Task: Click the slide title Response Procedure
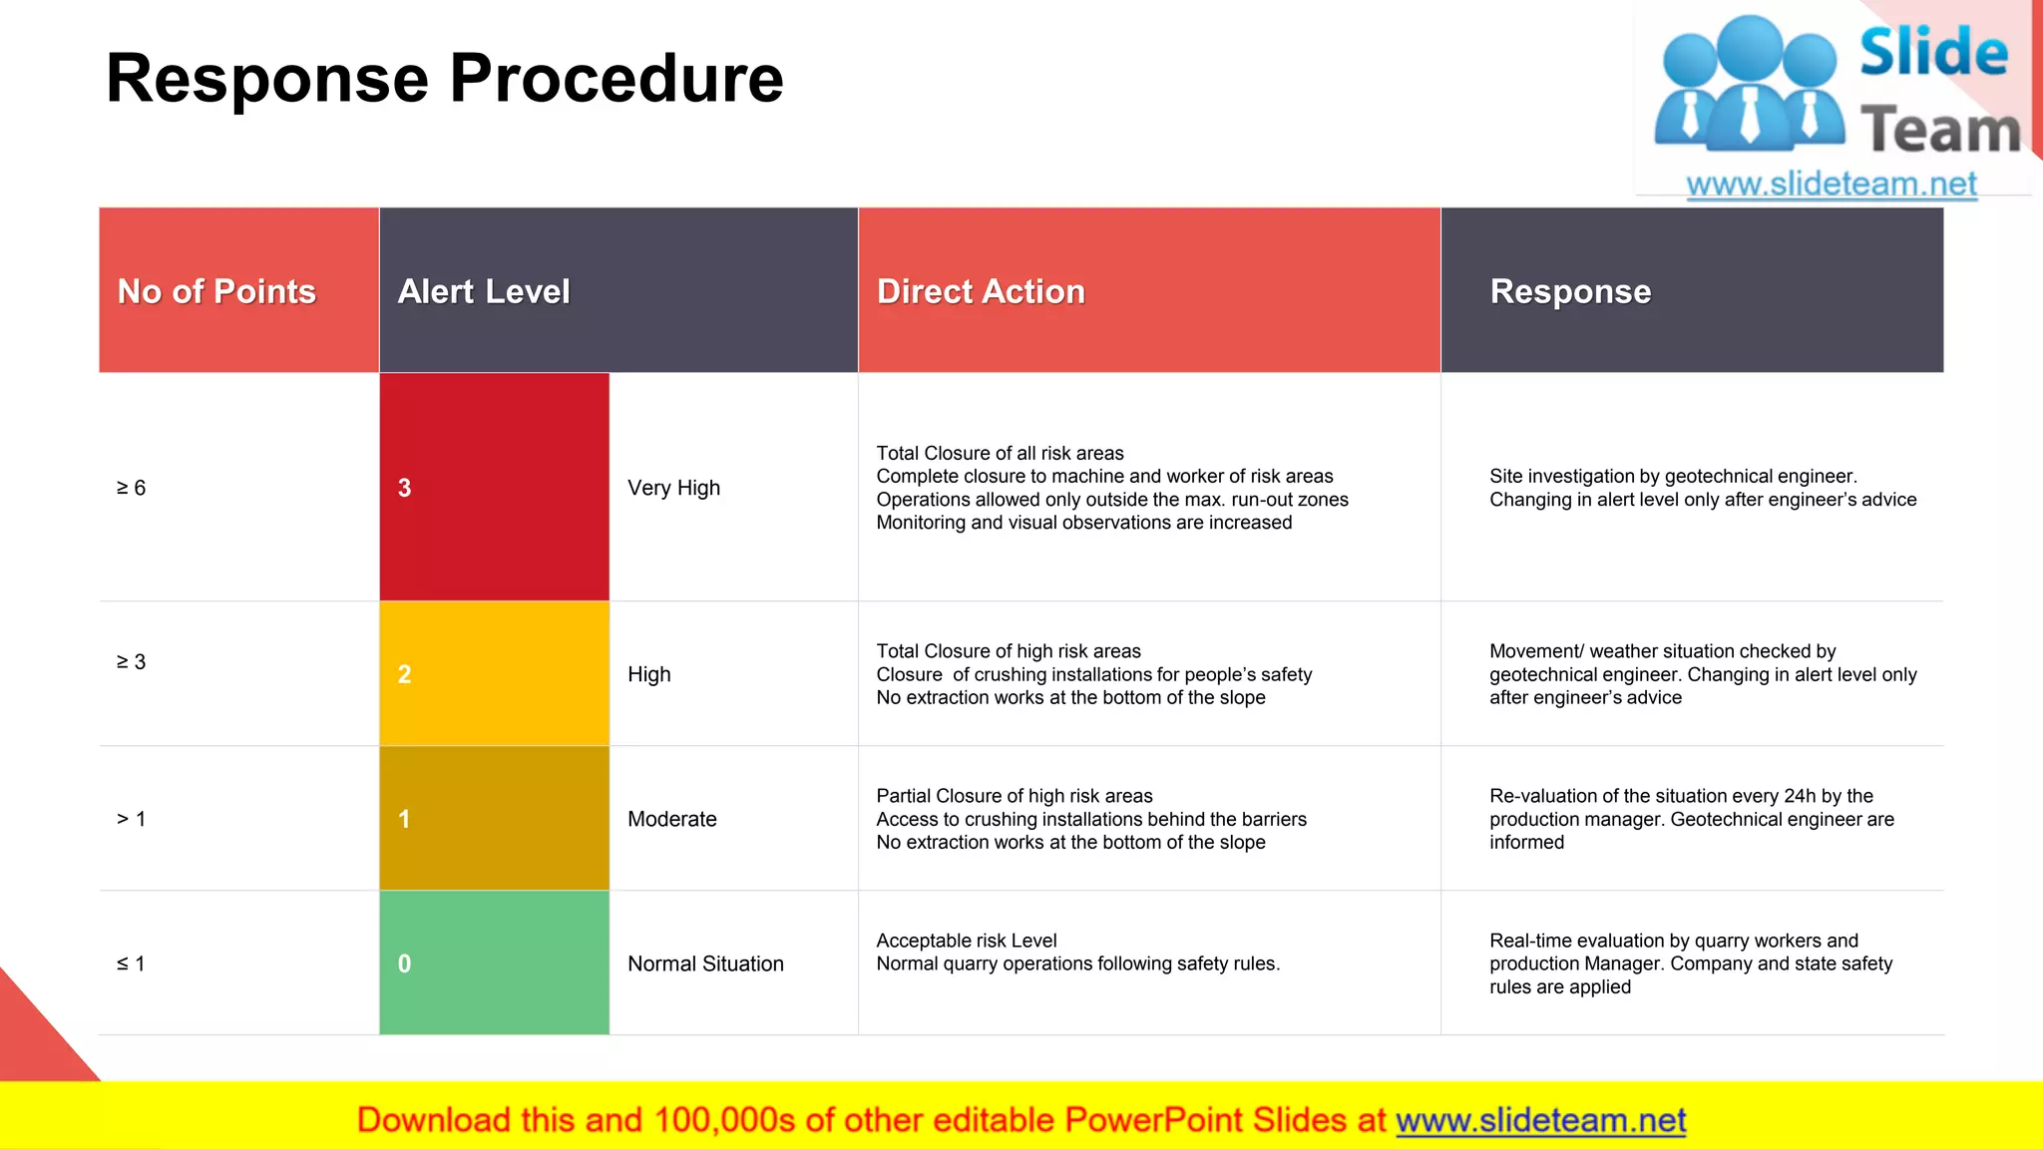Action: pyautogui.click(x=444, y=79)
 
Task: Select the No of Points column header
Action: pyautogui.click(x=216, y=291)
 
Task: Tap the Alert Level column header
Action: pyautogui.click(x=484, y=291)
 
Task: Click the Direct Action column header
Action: pyautogui.click(x=981, y=291)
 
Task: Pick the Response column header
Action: pyautogui.click(x=1570, y=291)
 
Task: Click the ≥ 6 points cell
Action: pyautogui.click(x=132, y=488)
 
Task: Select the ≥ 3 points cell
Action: pyautogui.click(x=132, y=662)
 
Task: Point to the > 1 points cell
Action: pyautogui.click(x=132, y=819)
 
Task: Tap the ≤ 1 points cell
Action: pyautogui.click(x=132, y=963)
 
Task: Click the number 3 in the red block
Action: pyautogui.click(x=404, y=488)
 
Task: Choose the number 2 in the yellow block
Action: pyautogui.click(x=404, y=674)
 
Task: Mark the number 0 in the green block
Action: pyautogui.click(x=404, y=963)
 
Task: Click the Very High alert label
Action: pyautogui.click(x=673, y=488)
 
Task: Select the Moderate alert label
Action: pyautogui.click(x=671, y=819)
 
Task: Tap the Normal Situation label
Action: pyautogui.click(x=705, y=963)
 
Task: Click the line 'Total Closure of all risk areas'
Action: pyautogui.click(x=1000, y=453)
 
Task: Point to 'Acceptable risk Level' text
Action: pyautogui.click(x=966, y=941)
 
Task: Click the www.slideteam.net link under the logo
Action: pyautogui.click(x=1832, y=185)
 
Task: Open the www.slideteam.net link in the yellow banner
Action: pyautogui.click(x=1540, y=1121)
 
